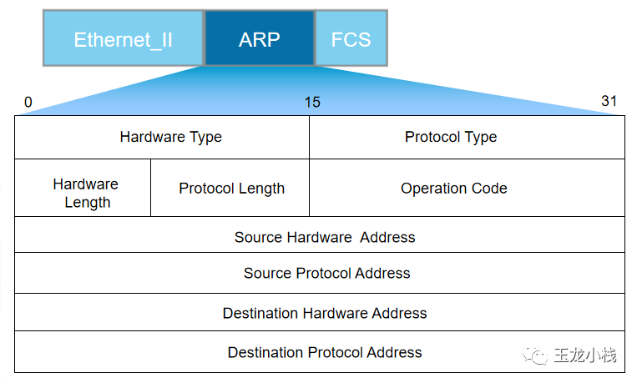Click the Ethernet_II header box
[x=123, y=39]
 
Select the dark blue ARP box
[x=259, y=39]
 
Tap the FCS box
[x=351, y=39]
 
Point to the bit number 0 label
[x=28, y=103]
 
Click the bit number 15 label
[x=311, y=103]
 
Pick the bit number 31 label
[x=609, y=101]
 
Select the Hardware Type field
[x=170, y=137]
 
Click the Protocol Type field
[x=451, y=137]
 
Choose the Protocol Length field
[x=231, y=189]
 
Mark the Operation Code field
[x=453, y=189]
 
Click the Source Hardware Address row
[x=324, y=237]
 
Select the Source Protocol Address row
[x=326, y=273]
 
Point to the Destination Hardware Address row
[x=324, y=314]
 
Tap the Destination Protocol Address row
[x=324, y=352]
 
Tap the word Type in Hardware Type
[x=205, y=137]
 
